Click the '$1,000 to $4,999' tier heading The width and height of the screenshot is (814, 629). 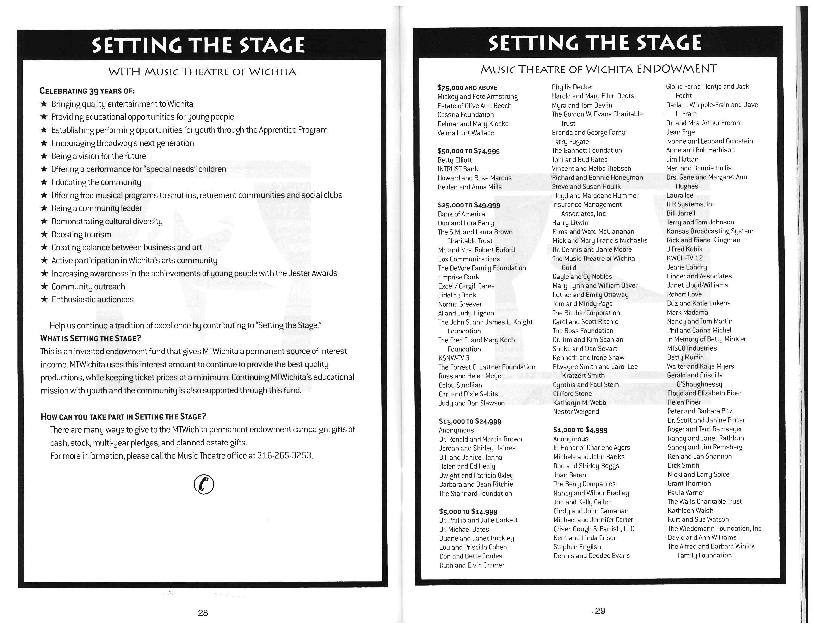tap(580, 430)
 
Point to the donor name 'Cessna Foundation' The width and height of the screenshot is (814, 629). tap(465, 115)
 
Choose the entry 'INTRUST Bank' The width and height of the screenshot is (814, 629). tap(457, 169)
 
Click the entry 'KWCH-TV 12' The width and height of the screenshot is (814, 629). tap(684, 258)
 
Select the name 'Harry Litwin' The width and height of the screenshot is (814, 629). tap(570, 222)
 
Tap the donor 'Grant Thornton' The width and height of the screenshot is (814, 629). tap(689, 483)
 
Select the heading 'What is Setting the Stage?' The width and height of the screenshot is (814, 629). tap(91, 338)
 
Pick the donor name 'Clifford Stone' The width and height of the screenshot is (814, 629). tap(572, 393)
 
